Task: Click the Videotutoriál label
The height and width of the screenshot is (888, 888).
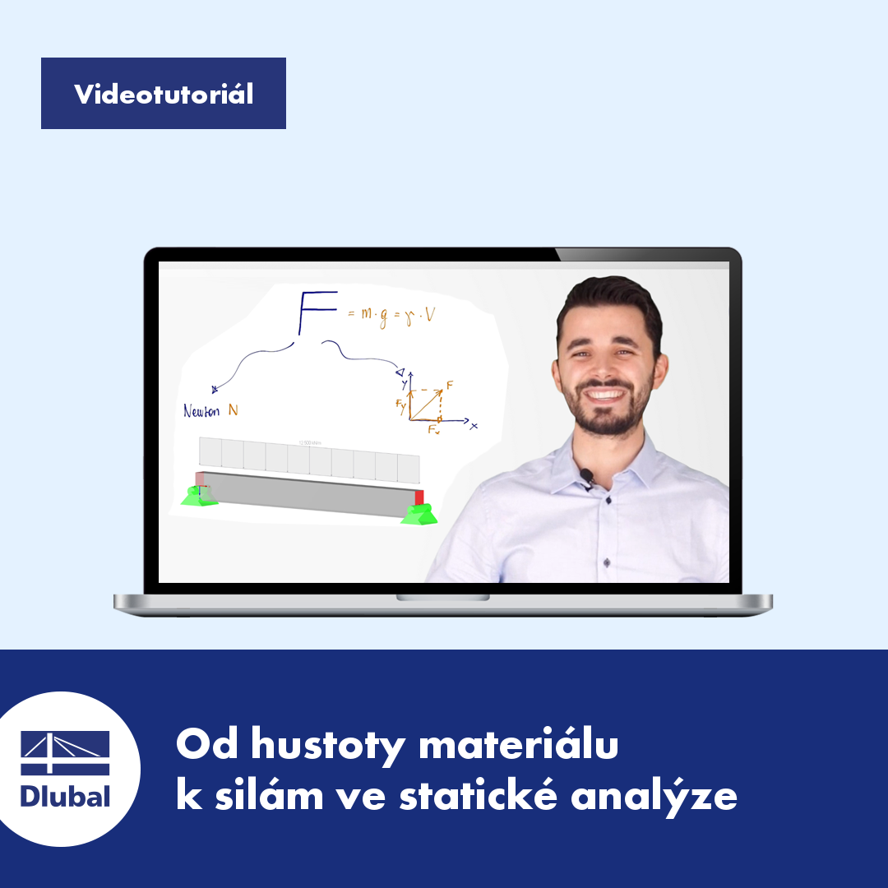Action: [164, 94]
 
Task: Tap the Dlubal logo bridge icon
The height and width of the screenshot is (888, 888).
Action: [65, 753]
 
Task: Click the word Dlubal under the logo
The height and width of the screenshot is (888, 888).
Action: [65, 796]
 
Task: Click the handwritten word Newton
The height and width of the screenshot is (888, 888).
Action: [201, 411]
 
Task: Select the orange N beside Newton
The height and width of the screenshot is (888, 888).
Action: [234, 410]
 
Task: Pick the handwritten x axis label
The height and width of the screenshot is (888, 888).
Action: [474, 425]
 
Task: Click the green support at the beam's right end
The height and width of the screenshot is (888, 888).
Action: [419, 514]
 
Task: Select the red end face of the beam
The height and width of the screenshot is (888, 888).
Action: [419, 497]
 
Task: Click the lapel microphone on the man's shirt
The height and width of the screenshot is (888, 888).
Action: [585, 475]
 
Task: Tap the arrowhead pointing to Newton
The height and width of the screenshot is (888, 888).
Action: [214, 390]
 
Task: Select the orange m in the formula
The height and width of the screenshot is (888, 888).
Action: [367, 313]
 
